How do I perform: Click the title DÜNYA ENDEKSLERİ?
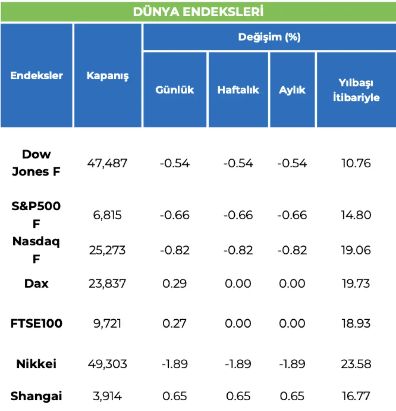198,12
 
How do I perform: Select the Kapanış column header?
108,76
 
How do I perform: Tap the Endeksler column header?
37,76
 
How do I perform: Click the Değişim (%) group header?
269,37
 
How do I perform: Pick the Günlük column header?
174,90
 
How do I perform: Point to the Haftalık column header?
238,90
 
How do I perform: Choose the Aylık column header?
292,90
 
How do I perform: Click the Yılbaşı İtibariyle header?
356,90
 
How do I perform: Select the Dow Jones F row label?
36,163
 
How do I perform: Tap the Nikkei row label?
36,364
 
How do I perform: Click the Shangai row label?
36,397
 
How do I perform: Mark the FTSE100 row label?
36,323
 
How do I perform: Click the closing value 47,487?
107,163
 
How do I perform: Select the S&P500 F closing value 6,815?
107,215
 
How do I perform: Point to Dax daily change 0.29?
174,284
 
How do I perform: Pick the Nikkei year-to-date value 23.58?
356,364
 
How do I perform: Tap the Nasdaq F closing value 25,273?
107,250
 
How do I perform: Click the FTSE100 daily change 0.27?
174,323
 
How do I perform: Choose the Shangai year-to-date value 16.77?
356,397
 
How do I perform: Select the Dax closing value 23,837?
107,284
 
